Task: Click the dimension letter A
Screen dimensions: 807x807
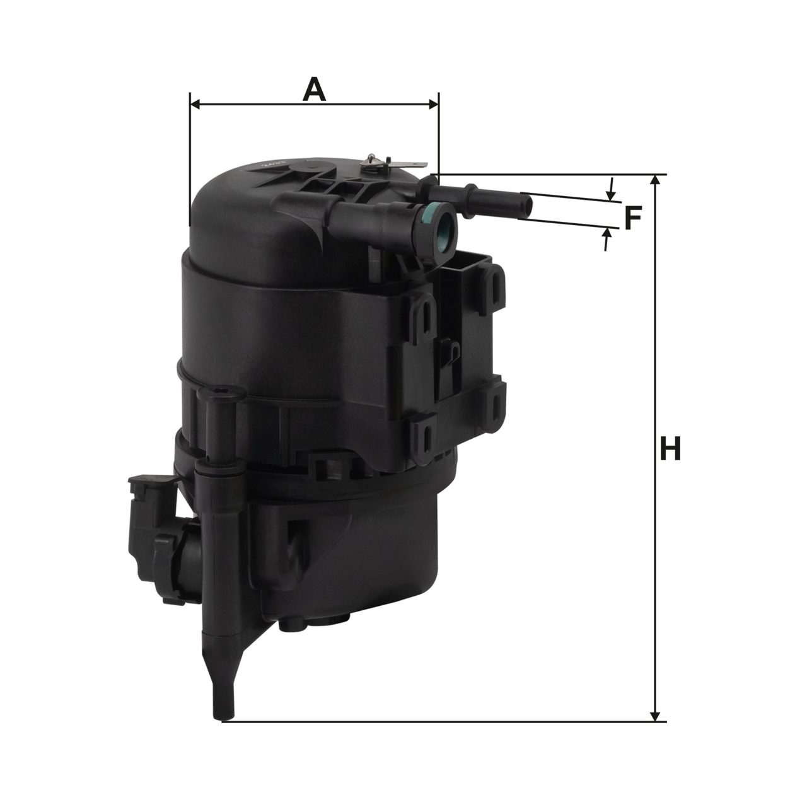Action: coord(314,89)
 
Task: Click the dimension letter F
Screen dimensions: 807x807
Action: coord(633,218)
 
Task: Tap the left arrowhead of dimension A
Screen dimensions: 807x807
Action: coord(196,105)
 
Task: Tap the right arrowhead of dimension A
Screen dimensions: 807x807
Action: coord(433,105)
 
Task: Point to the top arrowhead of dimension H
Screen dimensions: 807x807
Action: coord(656,180)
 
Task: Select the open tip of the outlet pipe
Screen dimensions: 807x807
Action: coord(528,206)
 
